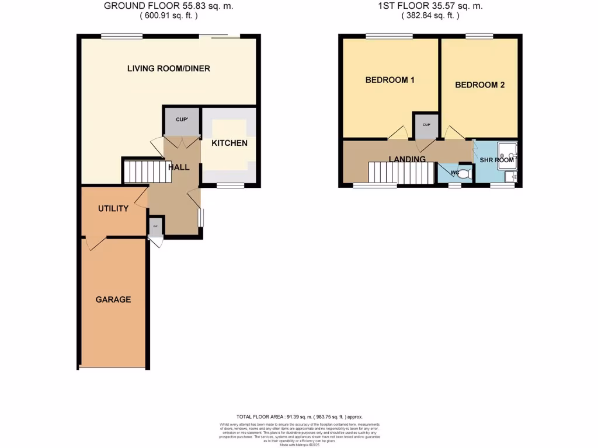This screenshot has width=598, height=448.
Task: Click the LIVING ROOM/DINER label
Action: pyautogui.click(x=168, y=68)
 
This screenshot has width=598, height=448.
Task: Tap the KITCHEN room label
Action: pyautogui.click(x=229, y=143)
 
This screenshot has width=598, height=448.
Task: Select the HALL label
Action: pyautogui.click(x=179, y=167)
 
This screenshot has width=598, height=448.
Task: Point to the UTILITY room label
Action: pyautogui.click(x=113, y=208)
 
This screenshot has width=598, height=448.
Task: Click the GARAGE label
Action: pyautogui.click(x=113, y=299)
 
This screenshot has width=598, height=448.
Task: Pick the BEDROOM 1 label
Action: pyautogui.click(x=390, y=80)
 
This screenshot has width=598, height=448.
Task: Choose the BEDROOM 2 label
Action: pyautogui.click(x=479, y=85)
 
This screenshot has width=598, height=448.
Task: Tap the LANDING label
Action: pyautogui.click(x=407, y=159)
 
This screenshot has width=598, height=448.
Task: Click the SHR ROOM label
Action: pyautogui.click(x=496, y=160)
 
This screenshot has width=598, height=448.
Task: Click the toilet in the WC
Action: pyautogui.click(x=464, y=173)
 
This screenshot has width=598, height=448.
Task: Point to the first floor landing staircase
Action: pyautogui.click(x=401, y=173)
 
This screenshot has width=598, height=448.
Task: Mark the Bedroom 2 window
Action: pyautogui.click(x=479, y=37)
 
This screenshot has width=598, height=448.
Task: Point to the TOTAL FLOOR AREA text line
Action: pyautogui.click(x=298, y=416)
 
